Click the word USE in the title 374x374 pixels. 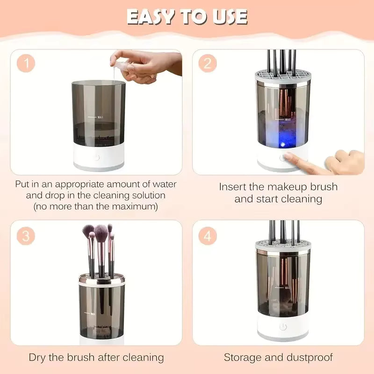click(228, 17)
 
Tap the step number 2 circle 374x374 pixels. click(208, 64)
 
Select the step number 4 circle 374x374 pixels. click(208, 236)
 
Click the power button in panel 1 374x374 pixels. click(97, 157)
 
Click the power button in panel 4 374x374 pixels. click(283, 327)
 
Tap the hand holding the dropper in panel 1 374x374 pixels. click(145, 65)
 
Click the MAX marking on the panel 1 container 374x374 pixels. click(100, 118)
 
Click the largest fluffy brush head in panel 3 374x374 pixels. click(101, 231)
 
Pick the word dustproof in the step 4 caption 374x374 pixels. click(309, 358)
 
